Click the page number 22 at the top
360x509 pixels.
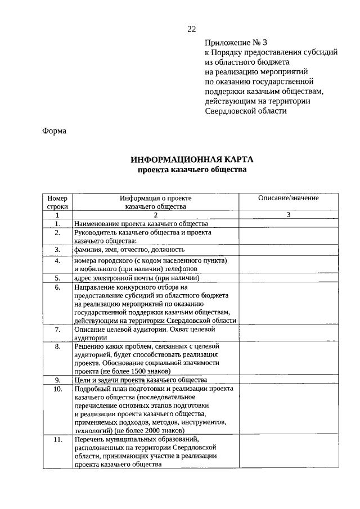192,29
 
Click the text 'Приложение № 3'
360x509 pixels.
233,42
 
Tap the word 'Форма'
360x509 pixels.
54,131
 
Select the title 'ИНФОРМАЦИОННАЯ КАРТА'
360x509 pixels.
192,160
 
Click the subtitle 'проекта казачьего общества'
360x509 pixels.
192,170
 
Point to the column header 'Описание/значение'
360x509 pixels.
288,198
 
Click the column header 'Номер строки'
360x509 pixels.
57,202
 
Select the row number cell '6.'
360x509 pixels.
57,287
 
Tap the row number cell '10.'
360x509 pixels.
57,389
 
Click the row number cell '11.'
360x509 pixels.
57,440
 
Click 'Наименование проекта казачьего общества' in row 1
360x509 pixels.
137,223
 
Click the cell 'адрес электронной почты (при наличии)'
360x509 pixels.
136,278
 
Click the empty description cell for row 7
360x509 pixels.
288,333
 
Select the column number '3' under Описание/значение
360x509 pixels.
288,215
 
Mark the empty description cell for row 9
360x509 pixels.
288,380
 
